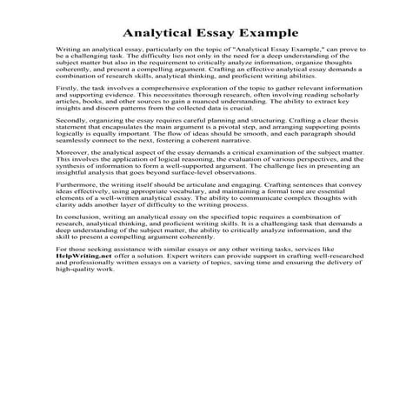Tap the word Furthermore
click(77, 245)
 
